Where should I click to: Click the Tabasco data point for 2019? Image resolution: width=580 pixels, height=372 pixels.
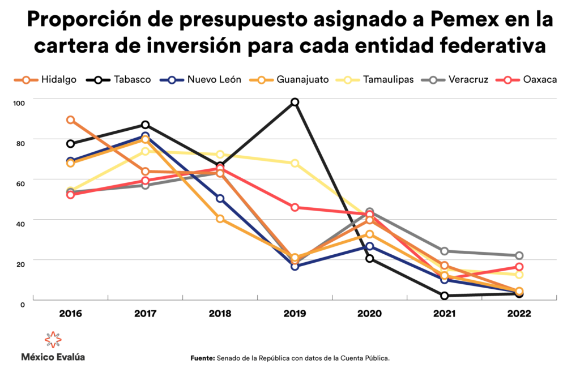point(295,102)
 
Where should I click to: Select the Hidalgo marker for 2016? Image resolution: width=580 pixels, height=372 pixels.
point(70,120)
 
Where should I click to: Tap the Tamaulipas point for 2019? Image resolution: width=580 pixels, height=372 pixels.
point(295,163)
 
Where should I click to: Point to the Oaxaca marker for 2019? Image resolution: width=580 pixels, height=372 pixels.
point(295,207)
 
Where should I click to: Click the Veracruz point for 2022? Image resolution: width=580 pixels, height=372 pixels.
point(519,256)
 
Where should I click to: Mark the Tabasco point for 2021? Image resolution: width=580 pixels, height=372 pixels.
point(444,296)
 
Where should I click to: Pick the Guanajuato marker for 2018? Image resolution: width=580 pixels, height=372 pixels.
point(220,219)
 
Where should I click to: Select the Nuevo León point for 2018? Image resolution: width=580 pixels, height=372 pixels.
point(220,199)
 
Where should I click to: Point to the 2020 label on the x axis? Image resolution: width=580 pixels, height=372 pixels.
point(369,314)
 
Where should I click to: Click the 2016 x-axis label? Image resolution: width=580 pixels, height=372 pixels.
point(70,314)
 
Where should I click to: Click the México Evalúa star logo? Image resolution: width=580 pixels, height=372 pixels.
point(53,339)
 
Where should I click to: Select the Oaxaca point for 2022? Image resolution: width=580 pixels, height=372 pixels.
point(519,267)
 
